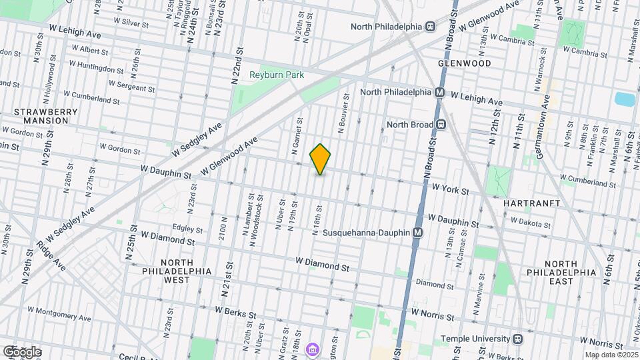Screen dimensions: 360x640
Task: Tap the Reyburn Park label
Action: (277, 75)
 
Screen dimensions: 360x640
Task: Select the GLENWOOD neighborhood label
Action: (465, 63)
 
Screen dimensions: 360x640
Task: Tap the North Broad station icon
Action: (441, 125)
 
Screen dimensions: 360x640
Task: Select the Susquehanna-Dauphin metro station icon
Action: (418, 233)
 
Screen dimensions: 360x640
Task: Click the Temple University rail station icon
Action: (518, 339)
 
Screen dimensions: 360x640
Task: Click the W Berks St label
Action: (237, 310)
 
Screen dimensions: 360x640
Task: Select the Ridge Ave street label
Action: (51, 256)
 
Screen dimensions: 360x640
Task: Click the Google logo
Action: (22, 352)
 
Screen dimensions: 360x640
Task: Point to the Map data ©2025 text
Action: (611, 355)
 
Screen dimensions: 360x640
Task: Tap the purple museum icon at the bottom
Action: (311, 350)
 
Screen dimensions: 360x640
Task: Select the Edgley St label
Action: (187, 227)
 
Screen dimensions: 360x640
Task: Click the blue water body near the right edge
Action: (625, 100)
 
